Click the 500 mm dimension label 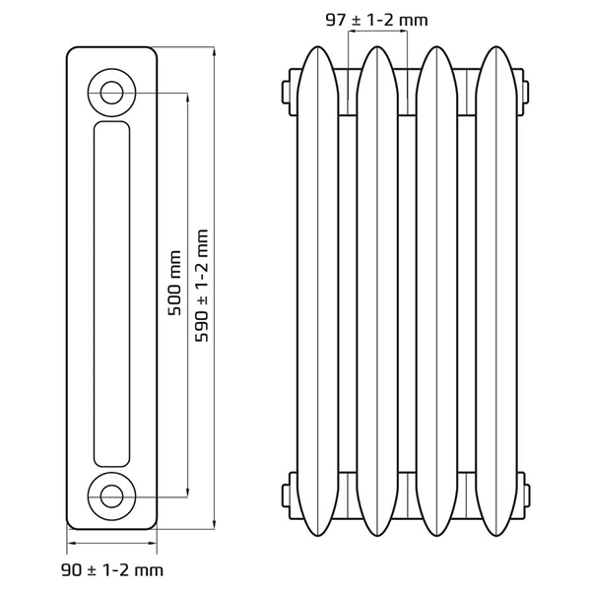click(x=175, y=284)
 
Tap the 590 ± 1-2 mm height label click(x=203, y=287)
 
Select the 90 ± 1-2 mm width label click(x=110, y=569)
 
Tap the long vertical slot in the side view click(x=111, y=294)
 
